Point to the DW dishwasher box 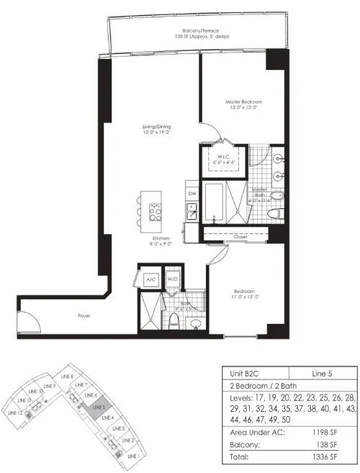[192, 194]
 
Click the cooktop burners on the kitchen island [155, 211]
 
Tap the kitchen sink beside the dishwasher [192, 210]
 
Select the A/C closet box [151, 279]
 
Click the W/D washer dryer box [173, 279]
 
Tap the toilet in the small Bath [174, 320]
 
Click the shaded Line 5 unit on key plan [99, 407]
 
